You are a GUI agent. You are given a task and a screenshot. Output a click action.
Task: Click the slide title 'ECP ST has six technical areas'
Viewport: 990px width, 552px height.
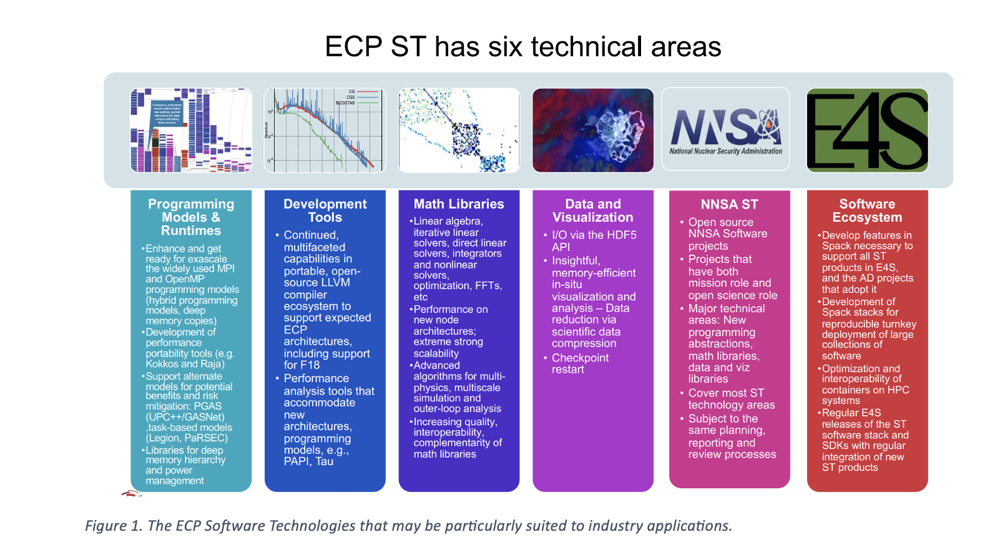(523, 47)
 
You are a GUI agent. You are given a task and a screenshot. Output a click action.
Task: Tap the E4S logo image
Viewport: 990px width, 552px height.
(867, 130)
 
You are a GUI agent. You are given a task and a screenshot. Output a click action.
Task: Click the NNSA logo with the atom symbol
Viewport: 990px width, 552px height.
(725, 129)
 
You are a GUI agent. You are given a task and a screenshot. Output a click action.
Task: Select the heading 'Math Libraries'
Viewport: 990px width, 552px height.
(459, 204)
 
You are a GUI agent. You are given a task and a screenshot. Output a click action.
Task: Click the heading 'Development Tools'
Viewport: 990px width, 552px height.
(325, 210)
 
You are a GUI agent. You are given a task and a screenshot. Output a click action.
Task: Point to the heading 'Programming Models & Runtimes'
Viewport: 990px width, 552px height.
(191, 217)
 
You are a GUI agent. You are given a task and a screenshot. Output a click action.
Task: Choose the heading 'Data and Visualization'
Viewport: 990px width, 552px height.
(592, 210)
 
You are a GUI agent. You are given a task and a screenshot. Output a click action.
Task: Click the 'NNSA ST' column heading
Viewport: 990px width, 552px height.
(729, 204)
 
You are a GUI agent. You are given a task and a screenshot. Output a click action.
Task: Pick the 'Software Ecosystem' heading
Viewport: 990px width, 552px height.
(867, 210)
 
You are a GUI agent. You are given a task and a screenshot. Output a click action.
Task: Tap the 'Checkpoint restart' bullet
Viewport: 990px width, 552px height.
(580, 363)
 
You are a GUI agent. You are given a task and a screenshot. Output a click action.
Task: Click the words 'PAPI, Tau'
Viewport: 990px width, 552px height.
(308, 461)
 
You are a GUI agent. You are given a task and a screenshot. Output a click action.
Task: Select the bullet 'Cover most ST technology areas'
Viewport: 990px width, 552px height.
(731, 399)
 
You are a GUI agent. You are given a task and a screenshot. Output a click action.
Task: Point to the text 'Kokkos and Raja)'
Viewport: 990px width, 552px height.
(185, 364)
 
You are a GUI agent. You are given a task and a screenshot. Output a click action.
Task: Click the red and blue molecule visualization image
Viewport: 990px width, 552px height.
(592, 130)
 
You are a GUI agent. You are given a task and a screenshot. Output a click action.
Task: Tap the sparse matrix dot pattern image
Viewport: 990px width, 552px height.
(459, 130)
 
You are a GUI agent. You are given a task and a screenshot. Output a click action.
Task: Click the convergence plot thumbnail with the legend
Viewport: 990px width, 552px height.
(325, 130)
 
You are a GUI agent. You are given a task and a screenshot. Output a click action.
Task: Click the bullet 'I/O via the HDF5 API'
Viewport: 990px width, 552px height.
(593, 240)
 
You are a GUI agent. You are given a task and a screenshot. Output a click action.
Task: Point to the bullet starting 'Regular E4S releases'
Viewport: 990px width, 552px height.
(865, 440)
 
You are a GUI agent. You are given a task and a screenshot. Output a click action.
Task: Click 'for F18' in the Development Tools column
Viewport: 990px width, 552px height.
(301, 365)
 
